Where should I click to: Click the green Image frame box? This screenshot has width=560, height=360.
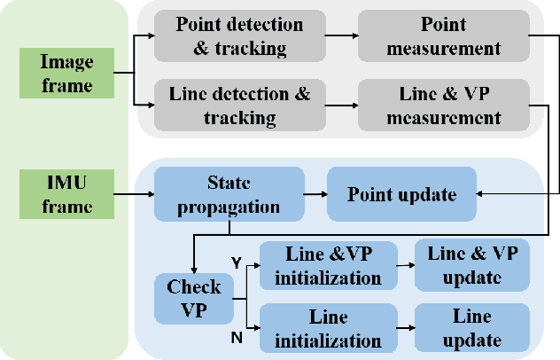point(66,72)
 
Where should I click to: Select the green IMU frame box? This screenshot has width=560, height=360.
point(66,194)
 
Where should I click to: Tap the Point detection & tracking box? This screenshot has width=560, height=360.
point(238,35)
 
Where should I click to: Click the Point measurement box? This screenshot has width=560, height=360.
point(443,35)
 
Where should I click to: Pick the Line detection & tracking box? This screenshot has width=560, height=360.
point(238,105)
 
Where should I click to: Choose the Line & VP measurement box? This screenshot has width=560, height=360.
point(443,105)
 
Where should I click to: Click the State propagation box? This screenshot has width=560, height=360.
point(217,193)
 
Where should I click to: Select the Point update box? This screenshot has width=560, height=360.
point(401,193)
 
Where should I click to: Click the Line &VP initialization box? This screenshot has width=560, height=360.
point(328,264)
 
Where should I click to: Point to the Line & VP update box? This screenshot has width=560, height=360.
point(472,263)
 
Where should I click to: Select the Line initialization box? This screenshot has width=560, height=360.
point(328,327)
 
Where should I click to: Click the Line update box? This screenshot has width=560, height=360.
point(472,327)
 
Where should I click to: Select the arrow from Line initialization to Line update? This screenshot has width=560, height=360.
point(405,327)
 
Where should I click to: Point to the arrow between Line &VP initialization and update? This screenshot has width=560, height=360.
point(405,264)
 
